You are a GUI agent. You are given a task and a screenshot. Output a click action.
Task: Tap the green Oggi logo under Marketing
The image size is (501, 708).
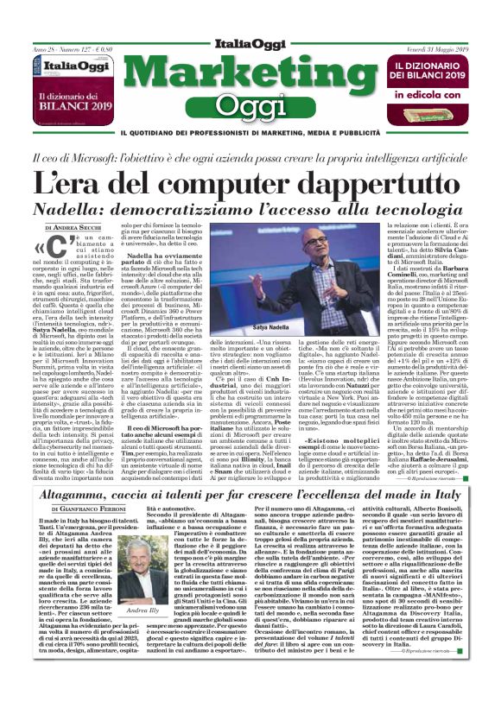[250, 105]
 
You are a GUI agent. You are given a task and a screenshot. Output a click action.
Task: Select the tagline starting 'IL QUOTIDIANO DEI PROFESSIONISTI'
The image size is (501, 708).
[250, 133]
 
